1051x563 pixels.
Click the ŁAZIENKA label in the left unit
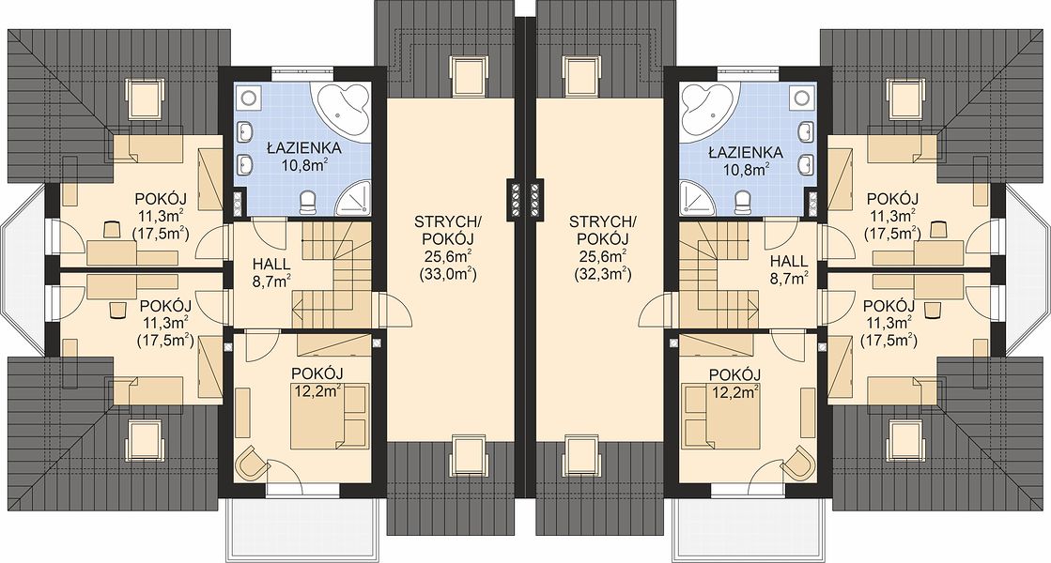pos(303,148)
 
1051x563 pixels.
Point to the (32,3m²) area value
pos(602,275)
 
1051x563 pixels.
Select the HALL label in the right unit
pos(789,263)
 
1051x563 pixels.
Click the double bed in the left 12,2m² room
pos(329,416)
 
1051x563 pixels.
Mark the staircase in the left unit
pos(332,275)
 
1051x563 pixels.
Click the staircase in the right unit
pos(719,275)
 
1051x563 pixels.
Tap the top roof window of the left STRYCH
pos(468,74)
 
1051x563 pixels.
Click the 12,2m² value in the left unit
pos(317,390)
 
